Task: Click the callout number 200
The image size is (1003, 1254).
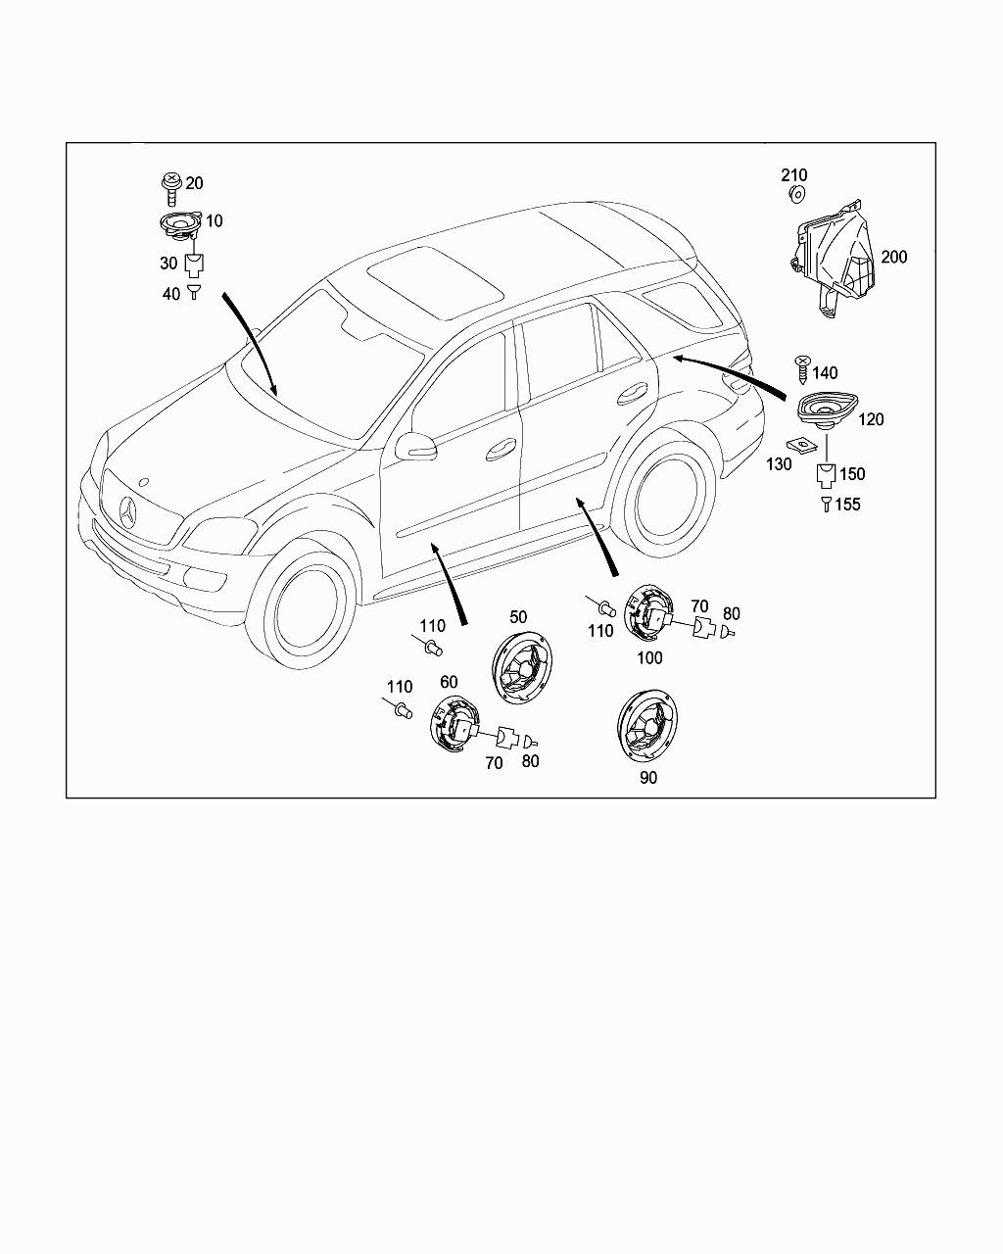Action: [x=893, y=257]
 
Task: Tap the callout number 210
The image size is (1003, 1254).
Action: [x=794, y=175]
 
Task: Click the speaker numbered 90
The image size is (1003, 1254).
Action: [x=648, y=726]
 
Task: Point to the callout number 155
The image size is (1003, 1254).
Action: [x=847, y=505]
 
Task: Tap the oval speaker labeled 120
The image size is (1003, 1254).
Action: [x=826, y=409]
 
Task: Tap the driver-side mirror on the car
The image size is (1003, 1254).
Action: [x=414, y=446]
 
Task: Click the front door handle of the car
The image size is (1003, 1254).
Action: [x=501, y=449]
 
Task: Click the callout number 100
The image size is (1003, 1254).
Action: [x=649, y=657]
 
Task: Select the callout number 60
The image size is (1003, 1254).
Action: [x=449, y=682]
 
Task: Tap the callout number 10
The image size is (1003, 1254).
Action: [x=214, y=221]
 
